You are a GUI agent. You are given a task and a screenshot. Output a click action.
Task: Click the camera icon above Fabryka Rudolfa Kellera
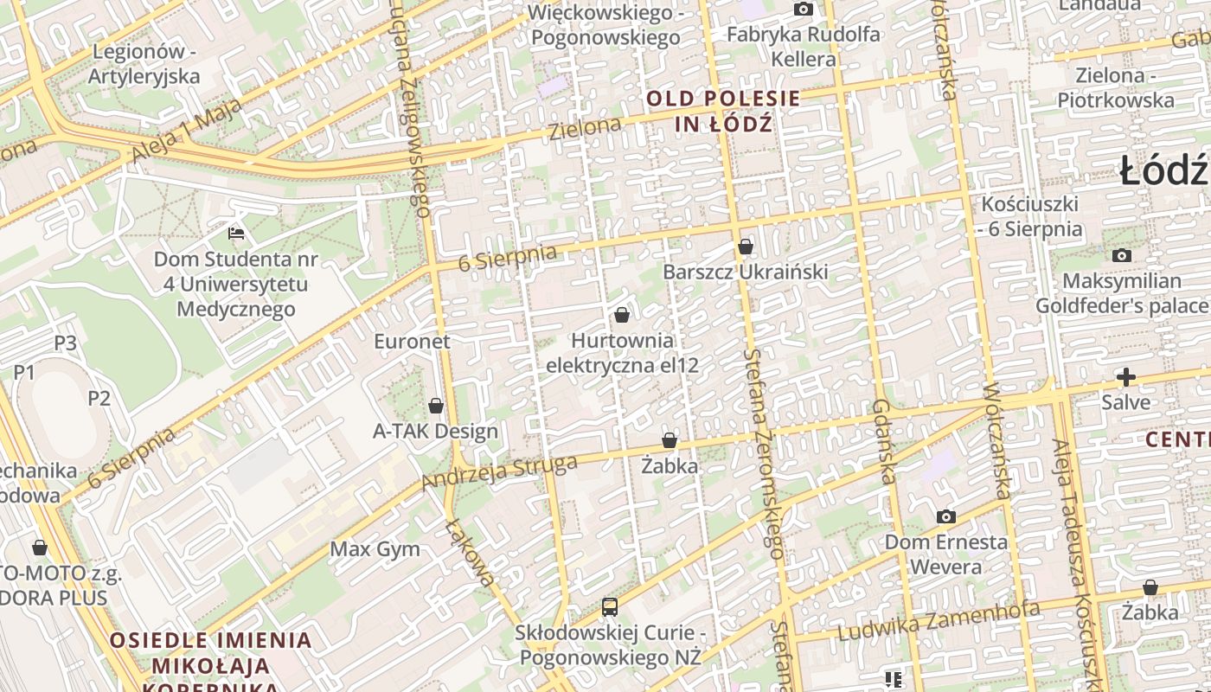coord(804,10)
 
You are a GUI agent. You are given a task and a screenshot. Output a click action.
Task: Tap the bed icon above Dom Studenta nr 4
coord(236,233)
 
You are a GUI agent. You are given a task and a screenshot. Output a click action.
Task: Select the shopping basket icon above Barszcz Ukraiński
coord(746,247)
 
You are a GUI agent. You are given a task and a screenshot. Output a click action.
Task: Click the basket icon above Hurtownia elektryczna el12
coord(622,315)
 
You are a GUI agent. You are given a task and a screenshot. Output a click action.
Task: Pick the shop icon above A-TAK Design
coord(436,405)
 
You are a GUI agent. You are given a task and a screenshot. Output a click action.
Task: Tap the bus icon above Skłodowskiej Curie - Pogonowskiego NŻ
coord(610,607)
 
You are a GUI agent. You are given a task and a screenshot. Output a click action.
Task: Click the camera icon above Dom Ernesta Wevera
coord(946,516)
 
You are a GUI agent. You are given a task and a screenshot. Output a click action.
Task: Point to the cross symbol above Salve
coord(1125,377)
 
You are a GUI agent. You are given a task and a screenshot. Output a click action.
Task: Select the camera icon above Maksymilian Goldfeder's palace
coord(1122,255)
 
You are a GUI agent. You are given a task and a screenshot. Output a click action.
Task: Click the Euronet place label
coord(412,341)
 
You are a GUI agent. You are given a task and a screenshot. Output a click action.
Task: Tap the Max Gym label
coord(375,549)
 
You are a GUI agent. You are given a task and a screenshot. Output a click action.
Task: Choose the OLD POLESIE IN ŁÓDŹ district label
coord(723,111)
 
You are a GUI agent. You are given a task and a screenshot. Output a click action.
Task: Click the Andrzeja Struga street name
coord(499,472)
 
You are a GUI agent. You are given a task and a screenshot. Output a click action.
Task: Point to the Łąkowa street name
coord(470,553)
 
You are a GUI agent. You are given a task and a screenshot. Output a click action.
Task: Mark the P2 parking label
coord(99,398)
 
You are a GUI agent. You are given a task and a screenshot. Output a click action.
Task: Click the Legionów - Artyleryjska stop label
coord(144,64)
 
